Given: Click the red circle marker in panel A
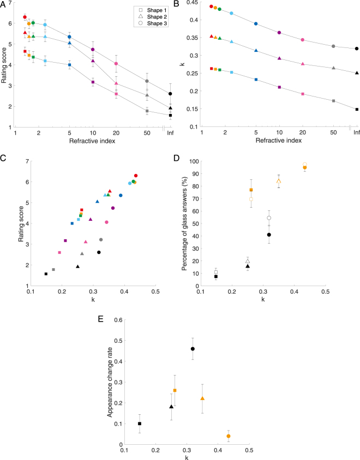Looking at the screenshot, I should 25,17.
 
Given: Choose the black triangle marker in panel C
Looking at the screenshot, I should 77,267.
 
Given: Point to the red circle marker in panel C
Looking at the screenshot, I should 136,175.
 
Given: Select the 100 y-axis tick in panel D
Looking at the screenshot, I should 195,161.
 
